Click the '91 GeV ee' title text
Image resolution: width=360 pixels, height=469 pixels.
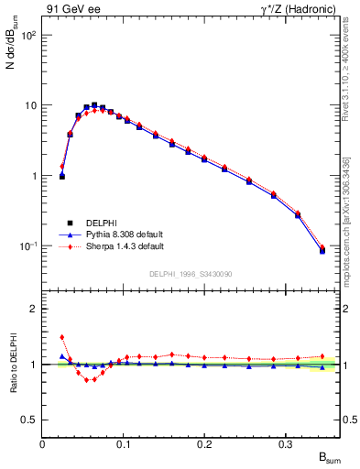[70, 10]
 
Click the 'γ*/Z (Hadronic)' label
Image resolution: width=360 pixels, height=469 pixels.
[296, 10]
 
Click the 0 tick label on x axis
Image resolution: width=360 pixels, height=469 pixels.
[43, 442]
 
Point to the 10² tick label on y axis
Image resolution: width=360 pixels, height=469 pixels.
[27, 35]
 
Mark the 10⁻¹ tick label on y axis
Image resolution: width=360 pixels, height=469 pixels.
[27, 246]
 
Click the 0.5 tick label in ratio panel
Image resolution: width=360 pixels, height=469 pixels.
[29, 420]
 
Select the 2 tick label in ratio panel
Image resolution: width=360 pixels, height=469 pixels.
[34, 309]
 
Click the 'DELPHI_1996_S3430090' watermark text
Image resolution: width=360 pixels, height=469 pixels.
[191, 274]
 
